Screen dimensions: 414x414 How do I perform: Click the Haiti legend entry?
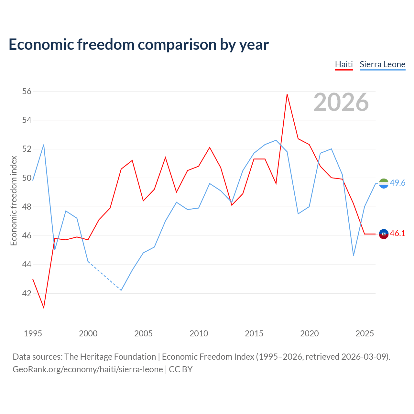click(344, 64)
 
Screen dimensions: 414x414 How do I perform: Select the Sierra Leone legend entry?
click(382, 64)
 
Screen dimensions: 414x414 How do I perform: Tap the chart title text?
click(138, 44)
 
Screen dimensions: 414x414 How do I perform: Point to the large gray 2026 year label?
click(341, 102)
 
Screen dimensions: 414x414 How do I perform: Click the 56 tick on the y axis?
click(27, 91)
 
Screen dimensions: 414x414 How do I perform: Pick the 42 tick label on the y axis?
click(27, 293)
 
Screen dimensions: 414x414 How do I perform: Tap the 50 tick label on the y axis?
click(27, 178)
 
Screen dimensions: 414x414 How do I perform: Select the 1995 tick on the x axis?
click(33, 333)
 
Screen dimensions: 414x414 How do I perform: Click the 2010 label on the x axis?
click(199, 333)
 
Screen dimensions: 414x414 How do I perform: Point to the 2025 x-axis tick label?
click(365, 333)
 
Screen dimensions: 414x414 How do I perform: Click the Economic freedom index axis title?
click(14, 201)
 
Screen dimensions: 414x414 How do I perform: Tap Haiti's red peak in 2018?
click(287, 94)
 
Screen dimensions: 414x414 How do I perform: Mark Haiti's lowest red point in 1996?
click(44, 308)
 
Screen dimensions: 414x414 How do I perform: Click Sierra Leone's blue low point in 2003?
click(121, 290)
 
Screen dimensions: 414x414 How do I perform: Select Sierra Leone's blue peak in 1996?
click(44, 145)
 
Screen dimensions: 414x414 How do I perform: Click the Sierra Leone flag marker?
click(384, 183)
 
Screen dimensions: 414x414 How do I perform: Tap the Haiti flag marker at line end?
click(384, 234)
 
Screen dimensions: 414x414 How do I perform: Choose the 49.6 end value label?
click(398, 183)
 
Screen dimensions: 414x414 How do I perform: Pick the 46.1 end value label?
click(398, 233)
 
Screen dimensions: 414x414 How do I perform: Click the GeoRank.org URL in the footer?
click(88, 369)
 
